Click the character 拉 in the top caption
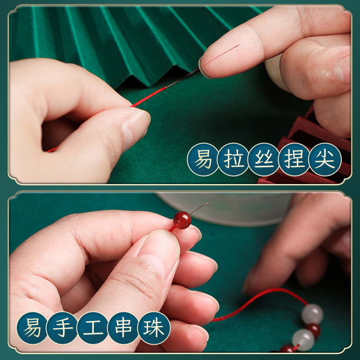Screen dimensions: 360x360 [x=233, y=159]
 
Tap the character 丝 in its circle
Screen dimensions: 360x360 [x=264, y=159]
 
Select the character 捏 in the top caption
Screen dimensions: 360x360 [x=294, y=159]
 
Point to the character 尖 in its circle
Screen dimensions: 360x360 [x=325, y=159]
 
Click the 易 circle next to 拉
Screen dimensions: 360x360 [x=203, y=159]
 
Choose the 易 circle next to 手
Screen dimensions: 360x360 [x=32, y=328]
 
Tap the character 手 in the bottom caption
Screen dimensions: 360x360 [x=63, y=328]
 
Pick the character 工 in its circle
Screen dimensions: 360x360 [x=93, y=328]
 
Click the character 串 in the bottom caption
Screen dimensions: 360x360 [x=123, y=328]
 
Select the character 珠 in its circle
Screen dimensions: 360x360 [x=154, y=328]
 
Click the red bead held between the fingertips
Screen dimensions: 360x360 [x=182, y=220]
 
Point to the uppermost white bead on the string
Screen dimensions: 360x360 [x=312, y=314]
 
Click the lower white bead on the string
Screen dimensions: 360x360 [x=303, y=340]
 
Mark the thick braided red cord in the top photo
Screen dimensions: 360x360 [x=149, y=97]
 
